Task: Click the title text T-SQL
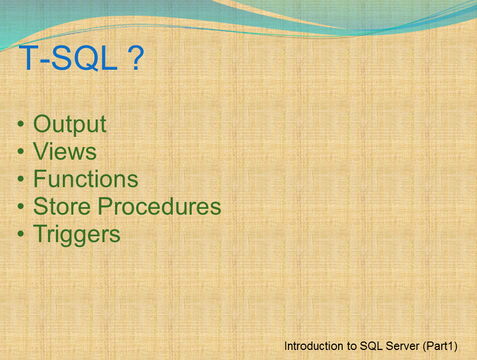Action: pyautogui.click(x=69, y=59)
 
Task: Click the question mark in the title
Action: pyautogui.click(x=136, y=59)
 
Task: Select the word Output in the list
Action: pyautogui.click(x=70, y=124)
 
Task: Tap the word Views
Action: pyautogui.click(x=64, y=152)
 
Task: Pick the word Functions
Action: pyautogui.click(x=86, y=179)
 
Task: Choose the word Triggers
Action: pyautogui.click(x=77, y=234)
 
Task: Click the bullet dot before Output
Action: pyautogui.click(x=21, y=125)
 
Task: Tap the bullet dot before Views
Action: pyautogui.click(x=21, y=152)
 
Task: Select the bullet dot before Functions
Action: pyautogui.click(x=21, y=180)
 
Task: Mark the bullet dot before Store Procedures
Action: pyautogui.click(x=21, y=207)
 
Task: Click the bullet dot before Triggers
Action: pyautogui.click(x=21, y=235)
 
